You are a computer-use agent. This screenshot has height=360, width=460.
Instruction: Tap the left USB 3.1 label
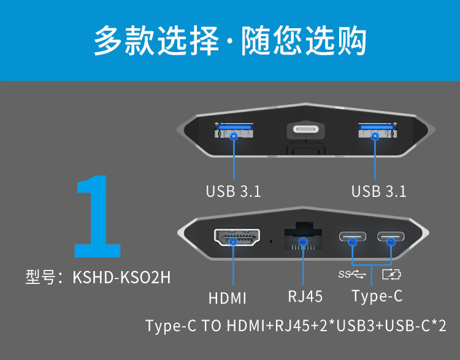tap(233, 191)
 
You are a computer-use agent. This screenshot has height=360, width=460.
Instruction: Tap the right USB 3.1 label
tap(378, 191)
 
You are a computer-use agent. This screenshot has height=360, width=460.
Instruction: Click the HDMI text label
tap(227, 299)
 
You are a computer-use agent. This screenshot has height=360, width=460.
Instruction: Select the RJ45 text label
tap(305, 297)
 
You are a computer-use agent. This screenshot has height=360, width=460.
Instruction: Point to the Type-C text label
tap(377, 297)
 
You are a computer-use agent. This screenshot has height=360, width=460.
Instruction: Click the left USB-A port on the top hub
tap(233, 131)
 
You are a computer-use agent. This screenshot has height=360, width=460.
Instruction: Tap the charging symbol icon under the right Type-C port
tap(391, 274)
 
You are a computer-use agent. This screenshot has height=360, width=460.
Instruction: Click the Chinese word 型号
tap(40, 277)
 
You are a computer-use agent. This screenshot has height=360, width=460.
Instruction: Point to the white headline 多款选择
tap(156, 41)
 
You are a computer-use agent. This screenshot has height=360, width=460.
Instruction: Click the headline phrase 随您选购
tap(304, 41)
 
